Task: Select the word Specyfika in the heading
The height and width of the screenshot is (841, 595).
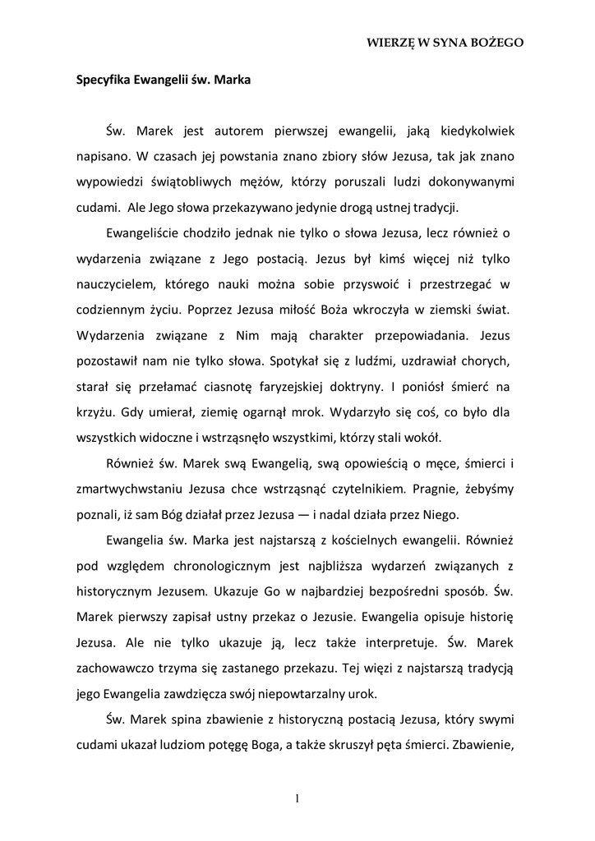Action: coord(98,81)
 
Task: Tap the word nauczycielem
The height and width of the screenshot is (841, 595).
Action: coord(115,286)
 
